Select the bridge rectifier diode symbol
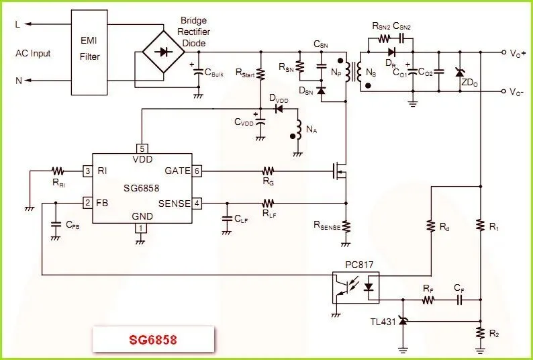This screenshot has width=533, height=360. (161, 52)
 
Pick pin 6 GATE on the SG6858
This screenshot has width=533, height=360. (196, 171)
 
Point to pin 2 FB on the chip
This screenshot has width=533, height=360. (87, 202)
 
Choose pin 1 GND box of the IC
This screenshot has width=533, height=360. (140, 228)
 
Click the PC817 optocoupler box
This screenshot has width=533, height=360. (356, 287)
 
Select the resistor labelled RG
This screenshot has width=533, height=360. (269, 171)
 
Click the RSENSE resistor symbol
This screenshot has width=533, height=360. (345, 225)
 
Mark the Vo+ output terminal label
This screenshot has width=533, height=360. (518, 52)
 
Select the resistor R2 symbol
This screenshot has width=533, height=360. (480, 332)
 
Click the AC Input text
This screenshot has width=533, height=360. (33, 53)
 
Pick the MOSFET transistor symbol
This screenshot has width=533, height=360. (339, 172)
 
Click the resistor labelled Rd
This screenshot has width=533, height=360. (430, 226)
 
